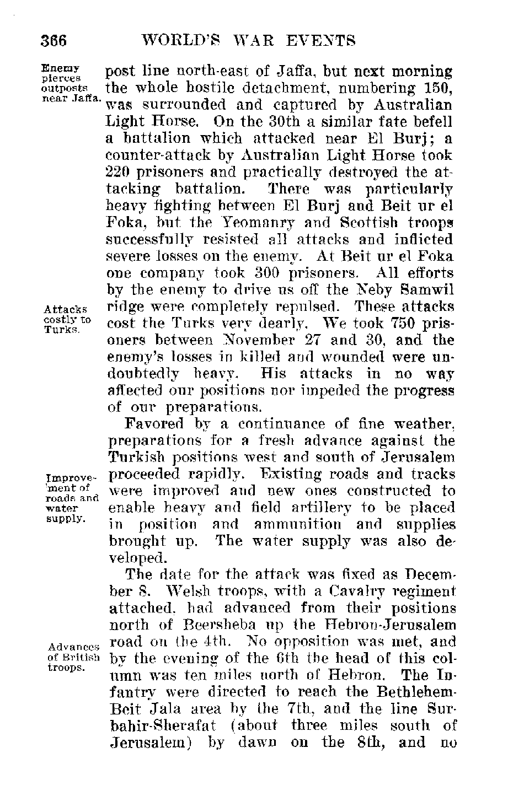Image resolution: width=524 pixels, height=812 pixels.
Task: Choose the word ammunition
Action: [x=297, y=525]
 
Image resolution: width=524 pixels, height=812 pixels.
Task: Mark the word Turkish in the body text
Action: [x=137, y=458]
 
